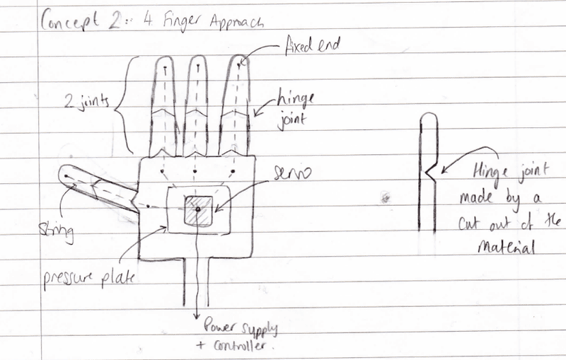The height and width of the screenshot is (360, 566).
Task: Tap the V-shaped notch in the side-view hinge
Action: click(x=427, y=170)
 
